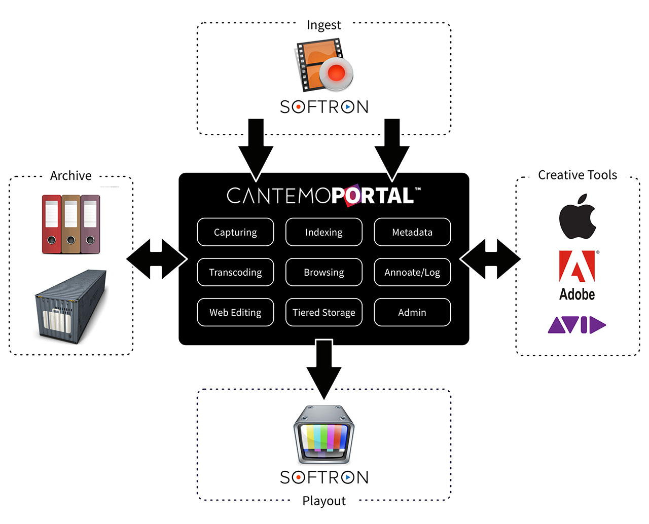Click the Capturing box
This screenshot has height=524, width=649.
(x=235, y=232)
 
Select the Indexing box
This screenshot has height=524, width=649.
(x=323, y=232)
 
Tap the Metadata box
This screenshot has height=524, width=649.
(x=412, y=232)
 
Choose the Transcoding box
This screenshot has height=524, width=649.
(x=235, y=272)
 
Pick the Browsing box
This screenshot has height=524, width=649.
(x=323, y=272)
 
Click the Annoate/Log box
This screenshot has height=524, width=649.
(x=412, y=272)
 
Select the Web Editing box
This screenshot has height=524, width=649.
(x=235, y=312)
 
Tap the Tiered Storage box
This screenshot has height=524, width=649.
(x=323, y=312)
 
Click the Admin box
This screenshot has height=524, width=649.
(x=412, y=312)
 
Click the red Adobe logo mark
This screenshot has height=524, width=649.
(x=577, y=266)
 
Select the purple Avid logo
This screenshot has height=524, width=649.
(x=577, y=325)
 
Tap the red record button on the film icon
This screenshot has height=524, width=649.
(x=336, y=72)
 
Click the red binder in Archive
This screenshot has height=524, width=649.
(x=51, y=224)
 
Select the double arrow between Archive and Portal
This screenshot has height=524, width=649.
(x=157, y=259)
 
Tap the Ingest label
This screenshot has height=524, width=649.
(x=323, y=25)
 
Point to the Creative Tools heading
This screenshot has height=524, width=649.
(x=577, y=175)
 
